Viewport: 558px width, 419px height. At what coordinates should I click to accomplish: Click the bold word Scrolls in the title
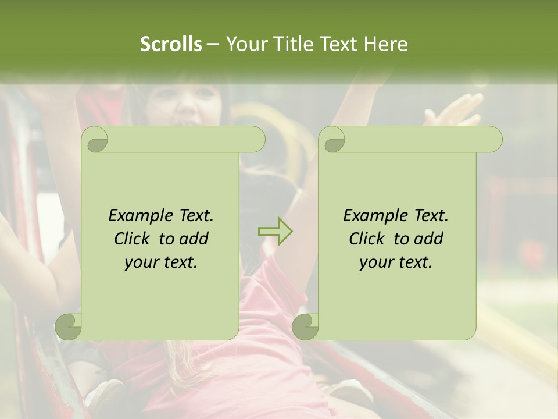pos(171,44)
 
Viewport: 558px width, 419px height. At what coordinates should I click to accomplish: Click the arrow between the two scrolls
pos(275,232)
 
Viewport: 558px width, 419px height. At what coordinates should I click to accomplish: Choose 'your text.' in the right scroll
pos(396,262)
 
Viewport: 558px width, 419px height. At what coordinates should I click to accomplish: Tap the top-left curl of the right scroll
pos(334,140)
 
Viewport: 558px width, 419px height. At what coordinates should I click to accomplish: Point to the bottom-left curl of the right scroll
pos(306,326)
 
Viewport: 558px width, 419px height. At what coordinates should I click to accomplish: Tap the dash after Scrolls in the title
pos(213,44)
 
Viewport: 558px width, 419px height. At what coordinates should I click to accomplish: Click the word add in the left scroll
pos(194,239)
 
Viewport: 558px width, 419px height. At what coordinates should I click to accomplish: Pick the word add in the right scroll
pos(429,239)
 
